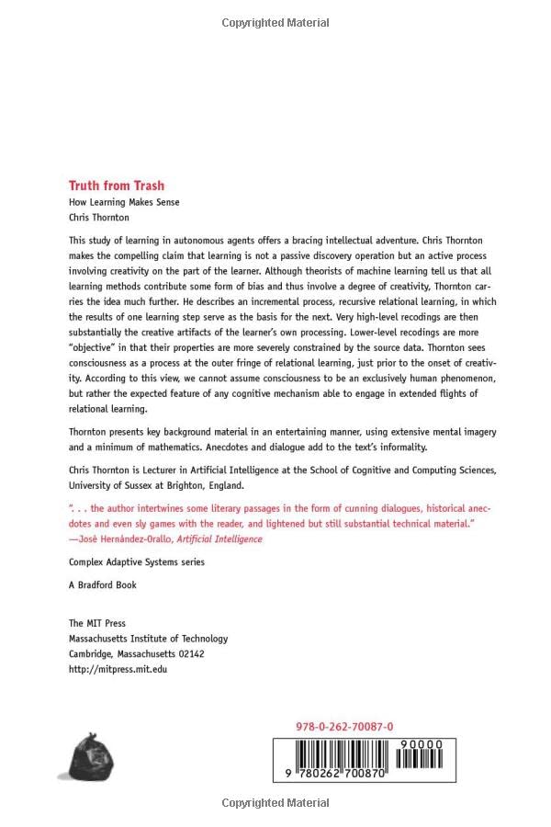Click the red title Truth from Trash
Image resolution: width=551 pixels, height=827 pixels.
pos(117,185)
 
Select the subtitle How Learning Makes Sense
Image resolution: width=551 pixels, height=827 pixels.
pos(124,202)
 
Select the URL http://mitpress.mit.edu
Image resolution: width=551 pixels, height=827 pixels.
pos(118,669)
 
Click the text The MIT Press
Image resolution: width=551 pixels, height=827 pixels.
pos(97,623)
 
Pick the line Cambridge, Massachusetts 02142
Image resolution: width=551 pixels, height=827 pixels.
pos(137,653)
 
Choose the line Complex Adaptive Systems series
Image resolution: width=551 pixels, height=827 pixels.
pos(137,561)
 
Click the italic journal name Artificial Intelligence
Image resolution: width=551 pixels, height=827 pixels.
pos(219,539)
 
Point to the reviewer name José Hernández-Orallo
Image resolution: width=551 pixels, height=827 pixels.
pos(123,539)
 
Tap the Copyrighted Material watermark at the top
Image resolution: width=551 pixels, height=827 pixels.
pos(275,23)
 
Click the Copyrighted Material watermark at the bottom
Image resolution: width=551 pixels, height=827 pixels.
pos(275,803)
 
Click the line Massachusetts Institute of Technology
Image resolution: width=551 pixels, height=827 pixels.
pos(149,639)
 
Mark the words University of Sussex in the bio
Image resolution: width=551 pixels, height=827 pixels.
pos(113,485)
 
